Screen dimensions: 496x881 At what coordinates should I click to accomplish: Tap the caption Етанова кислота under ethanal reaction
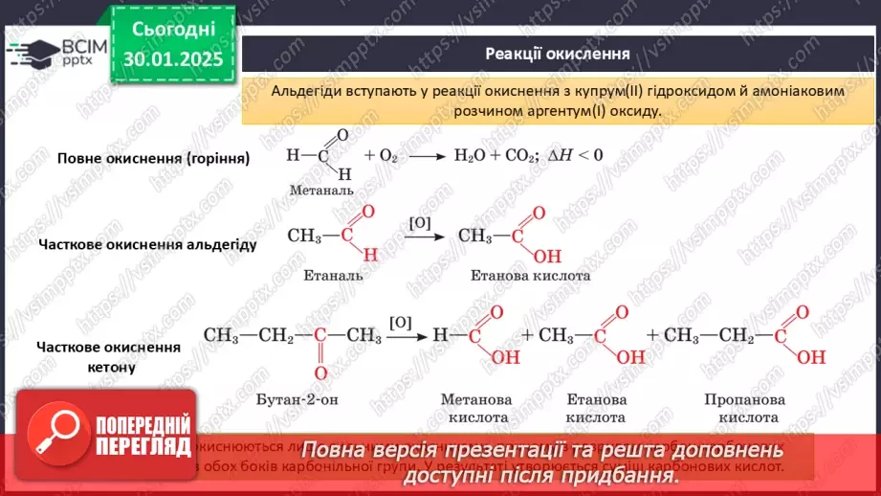pos(530,275)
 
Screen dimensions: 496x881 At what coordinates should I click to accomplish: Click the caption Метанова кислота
pos(475,408)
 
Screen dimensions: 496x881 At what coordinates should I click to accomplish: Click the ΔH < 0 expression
pos(575,154)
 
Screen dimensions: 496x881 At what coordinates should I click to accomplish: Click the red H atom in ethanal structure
pos(371,254)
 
